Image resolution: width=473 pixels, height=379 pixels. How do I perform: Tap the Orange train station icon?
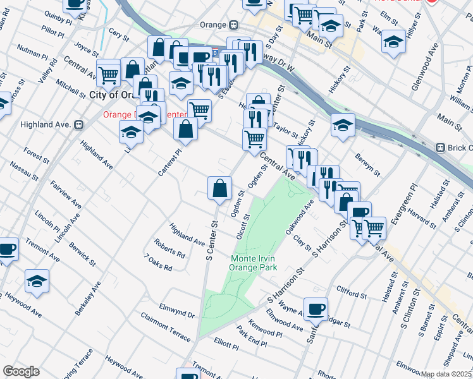[x=233, y=25]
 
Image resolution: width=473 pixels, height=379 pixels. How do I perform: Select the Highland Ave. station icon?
[x=80, y=124]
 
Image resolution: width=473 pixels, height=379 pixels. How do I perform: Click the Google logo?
[x=21, y=371]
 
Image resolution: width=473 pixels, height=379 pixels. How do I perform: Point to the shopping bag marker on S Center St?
[x=219, y=188]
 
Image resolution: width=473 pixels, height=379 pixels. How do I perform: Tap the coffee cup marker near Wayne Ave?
[x=316, y=310]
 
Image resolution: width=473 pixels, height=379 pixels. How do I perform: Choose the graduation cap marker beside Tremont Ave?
[x=37, y=280]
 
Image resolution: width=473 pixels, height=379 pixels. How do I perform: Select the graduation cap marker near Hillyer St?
[x=393, y=42]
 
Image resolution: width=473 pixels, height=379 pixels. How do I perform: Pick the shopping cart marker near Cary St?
[x=109, y=75]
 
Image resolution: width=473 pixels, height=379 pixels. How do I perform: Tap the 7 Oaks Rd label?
[x=158, y=263]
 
